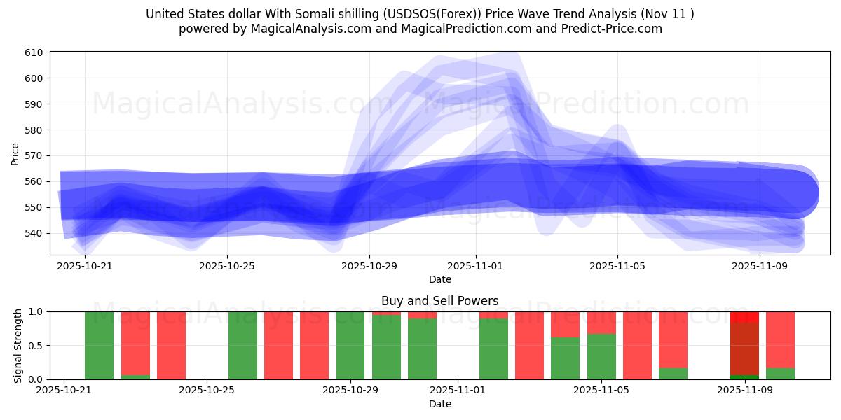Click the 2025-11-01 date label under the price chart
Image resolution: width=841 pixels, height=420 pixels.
point(476,266)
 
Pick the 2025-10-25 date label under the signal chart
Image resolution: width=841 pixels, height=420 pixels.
point(207,391)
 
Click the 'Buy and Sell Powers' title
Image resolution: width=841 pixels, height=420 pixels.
point(439,301)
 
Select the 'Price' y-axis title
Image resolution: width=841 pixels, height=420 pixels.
point(15,154)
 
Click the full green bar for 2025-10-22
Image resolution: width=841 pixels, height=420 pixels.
point(99,346)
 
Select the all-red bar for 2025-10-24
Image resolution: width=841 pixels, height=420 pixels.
point(171,346)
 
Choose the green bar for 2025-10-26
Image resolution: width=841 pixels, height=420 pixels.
point(242,346)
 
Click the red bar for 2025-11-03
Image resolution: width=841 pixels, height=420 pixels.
point(529,346)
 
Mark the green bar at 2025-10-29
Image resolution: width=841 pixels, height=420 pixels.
point(350,346)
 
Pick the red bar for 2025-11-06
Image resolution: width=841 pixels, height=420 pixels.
point(637,346)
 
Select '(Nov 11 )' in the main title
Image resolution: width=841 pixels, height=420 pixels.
point(665,14)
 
